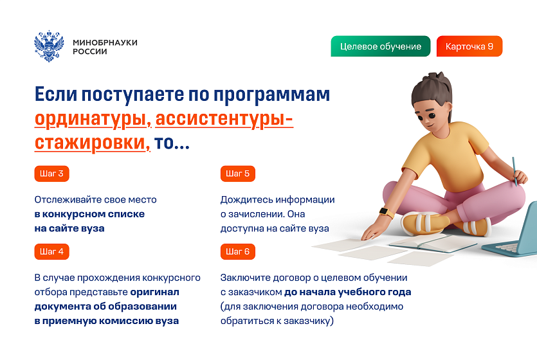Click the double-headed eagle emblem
[x=49, y=46]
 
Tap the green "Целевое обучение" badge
[x=381, y=46]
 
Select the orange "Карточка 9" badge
[x=469, y=46]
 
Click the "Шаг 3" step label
[x=51, y=174]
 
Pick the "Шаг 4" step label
[x=51, y=251]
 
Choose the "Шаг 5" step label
[x=238, y=174]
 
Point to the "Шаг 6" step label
[x=238, y=251]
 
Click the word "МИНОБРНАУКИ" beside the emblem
[x=105, y=42]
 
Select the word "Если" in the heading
[x=56, y=94]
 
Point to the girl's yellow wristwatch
[x=386, y=212]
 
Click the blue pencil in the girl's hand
[x=514, y=172]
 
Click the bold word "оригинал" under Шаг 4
[x=154, y=292]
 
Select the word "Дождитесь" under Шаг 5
[x=246, y=199]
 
